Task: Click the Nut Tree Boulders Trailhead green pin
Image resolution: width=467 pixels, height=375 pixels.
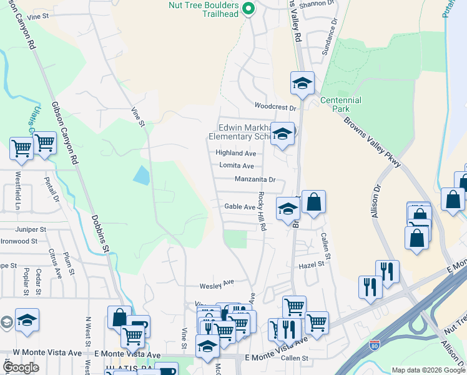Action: point(248,9)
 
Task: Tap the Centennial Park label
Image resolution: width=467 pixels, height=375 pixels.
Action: point(340,104)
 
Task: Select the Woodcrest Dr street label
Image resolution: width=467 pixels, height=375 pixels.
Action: point(274,106)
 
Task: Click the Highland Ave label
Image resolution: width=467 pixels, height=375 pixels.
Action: point(236,152)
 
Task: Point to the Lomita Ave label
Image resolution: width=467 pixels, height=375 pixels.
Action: point(236,166)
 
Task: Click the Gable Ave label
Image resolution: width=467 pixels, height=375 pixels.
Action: point(240,207)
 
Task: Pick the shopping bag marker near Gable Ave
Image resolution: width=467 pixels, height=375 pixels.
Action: point(313,201)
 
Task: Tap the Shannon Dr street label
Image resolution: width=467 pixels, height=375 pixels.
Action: point(312,4)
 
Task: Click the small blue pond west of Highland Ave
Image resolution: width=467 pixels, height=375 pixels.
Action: point(142,175)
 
